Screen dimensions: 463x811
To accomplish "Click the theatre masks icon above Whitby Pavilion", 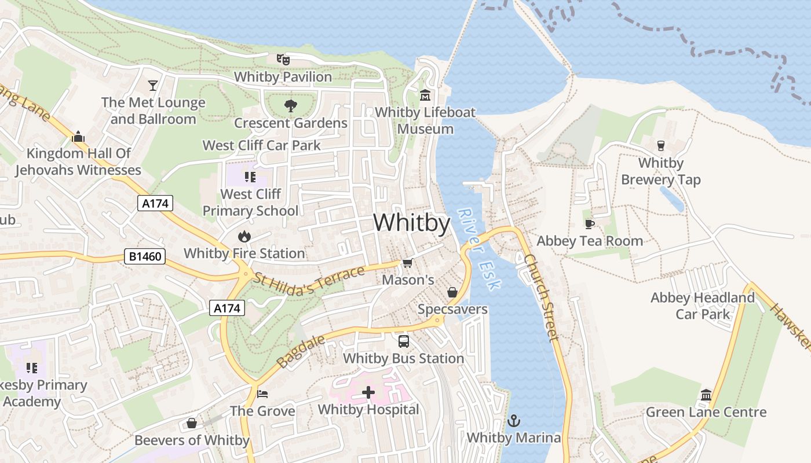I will click(283, 59).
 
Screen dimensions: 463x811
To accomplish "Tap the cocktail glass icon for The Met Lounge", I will click(153, 86).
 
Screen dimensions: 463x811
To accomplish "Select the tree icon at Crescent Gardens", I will click(290, 106).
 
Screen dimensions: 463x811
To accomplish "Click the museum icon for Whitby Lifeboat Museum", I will click(425, 95).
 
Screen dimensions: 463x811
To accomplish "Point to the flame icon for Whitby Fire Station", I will click(244, 236).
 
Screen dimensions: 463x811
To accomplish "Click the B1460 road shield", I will click(145, 256).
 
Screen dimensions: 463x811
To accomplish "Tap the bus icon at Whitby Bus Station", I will click(404, 341).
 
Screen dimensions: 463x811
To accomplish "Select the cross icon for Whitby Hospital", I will click(368, 393).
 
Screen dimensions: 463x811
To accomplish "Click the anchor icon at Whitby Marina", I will click(514, 421).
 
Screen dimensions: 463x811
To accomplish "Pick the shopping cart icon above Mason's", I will click(408, 263).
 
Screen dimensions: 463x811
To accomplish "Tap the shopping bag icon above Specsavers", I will click(452, 292).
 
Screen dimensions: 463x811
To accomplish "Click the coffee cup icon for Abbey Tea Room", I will click(590, 224).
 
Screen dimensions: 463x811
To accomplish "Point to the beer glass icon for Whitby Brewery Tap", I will click(660, 145).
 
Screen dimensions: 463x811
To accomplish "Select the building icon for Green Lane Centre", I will click(706, 395).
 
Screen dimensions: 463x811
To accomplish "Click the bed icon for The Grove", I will click(262, 394).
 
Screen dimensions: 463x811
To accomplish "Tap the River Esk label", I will click(478, 249).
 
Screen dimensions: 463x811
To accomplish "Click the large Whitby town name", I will click(411, 223).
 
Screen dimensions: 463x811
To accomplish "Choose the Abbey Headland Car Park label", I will click(703, 306).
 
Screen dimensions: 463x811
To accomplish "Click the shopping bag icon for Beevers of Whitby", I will click(192, 424).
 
